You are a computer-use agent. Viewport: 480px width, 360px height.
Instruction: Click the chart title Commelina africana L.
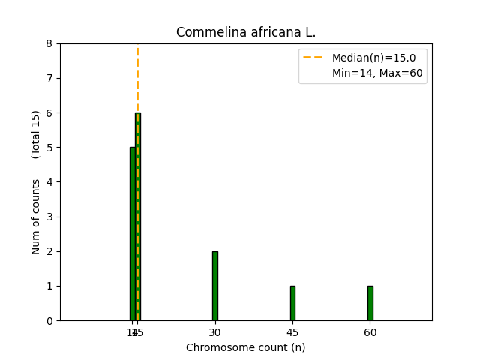[245, 33]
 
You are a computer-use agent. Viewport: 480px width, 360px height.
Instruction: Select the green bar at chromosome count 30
[215, 286]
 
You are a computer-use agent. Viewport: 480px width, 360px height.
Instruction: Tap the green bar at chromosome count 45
[292, 303]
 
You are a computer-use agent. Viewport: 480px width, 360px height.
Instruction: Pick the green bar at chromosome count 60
[370, 303]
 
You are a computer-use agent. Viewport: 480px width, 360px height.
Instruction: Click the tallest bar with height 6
[138, 217]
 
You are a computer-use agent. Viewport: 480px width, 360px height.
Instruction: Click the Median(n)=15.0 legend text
[368, 57]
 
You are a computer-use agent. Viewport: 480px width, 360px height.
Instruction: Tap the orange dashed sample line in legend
[314, 57]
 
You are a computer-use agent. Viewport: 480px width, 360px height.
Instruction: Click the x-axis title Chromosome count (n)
[245, 347]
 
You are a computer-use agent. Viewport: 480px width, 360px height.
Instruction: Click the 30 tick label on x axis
[215, 331]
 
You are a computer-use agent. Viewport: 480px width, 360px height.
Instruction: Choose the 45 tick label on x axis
[292, 331]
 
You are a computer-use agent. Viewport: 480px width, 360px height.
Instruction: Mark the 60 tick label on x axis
[370, 331]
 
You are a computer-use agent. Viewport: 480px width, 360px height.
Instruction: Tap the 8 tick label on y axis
[49, 43]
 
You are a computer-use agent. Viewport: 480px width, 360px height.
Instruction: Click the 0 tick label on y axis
[49, 320]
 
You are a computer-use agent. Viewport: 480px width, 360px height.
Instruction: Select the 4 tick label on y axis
[49, 182]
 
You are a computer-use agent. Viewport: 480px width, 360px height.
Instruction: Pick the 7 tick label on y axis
[49, 78]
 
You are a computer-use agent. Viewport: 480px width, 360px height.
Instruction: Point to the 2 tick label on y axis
[49, 251]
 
